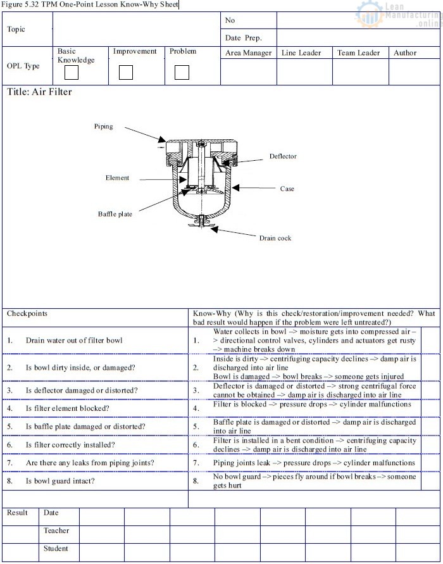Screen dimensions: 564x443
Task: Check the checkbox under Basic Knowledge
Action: click(x=71, y=73)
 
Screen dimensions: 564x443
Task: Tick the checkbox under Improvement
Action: click(x=126, y=73)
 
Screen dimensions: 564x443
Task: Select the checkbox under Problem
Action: click(x=182, y=73)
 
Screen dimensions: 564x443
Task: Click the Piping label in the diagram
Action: click(x=104, y=127)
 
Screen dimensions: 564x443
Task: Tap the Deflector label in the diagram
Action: click(x=282, y=156)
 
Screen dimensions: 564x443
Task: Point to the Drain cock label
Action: click(x=275, y=239)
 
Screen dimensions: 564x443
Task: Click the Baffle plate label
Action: click(x=115, y=215)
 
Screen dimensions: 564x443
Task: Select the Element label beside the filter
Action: click(x=117, y=178)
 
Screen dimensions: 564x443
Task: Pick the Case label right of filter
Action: click(x=287, y=189)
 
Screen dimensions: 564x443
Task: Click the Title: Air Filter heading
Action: click(x=39, y=92)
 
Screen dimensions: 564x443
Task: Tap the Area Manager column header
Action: click(x=248, y=53)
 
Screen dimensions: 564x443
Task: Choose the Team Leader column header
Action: click(x=358, y=53)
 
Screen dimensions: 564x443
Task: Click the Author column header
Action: click(x=405, y=53)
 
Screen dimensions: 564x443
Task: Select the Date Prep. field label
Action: click(x=243, y=38)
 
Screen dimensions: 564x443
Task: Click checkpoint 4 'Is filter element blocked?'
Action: click(x=67, y=409)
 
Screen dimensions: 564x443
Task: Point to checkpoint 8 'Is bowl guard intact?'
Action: click(x=60, y=481)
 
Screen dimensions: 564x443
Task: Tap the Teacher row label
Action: click(x=56, y=531)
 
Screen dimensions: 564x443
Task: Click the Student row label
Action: click(x=56, y=549)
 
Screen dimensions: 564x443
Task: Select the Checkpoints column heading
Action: click(x=27, y=313)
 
